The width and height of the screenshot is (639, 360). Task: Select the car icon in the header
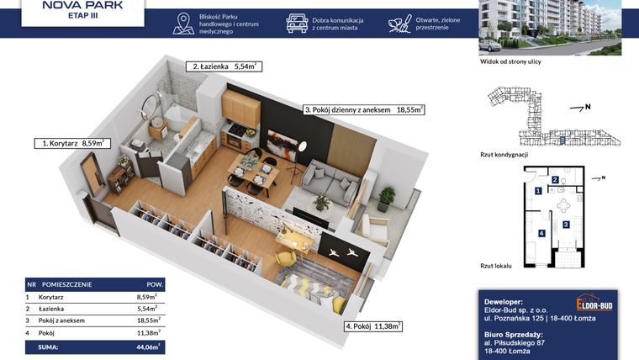[297, 23]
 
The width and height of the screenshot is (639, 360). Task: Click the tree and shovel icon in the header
[400, 23]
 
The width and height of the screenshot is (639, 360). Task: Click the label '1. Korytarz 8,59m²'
[74, 144]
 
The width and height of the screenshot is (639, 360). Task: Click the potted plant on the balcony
[387, 199]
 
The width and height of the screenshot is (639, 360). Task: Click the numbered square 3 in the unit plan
[566, 225]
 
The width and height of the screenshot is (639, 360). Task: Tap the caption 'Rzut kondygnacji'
[504, 154]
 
